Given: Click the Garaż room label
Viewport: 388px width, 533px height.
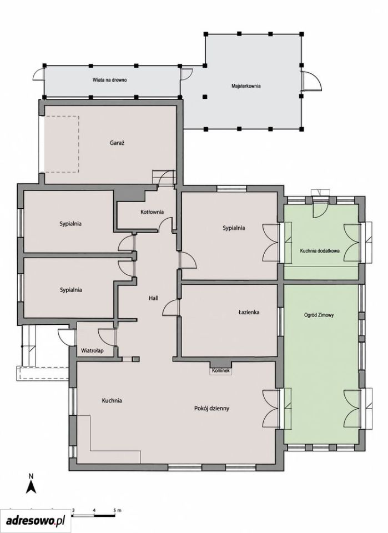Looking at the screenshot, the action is pyautogui.click(x=117, y=143).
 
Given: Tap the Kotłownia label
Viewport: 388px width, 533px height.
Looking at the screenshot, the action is pyautogui.click(x=152, y=212).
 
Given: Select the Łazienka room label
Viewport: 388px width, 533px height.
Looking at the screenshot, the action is pyautogui.click(x=249, y=311).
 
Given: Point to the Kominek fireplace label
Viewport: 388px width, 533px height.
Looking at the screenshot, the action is pyautogui.click(x=221, y=370).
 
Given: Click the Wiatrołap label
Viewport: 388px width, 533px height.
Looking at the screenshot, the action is pyautogui.click(x=92, y=350).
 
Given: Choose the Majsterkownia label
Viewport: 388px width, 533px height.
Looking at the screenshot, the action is pyautogui.click(x=246, y=86).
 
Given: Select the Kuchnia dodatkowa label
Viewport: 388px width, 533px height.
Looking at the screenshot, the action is pyautogui.click(x=320, y=251).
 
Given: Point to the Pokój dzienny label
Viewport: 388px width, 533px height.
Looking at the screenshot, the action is pyautogui.click(x=211, y=408).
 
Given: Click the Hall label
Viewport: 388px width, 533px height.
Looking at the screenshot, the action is pyautogui.click(x=154, y=298).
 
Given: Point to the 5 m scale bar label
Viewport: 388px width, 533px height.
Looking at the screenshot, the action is pyautogui.click(x=118, y=510).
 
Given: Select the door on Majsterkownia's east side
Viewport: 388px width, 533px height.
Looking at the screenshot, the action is pyautogui.click(x=311, y=81).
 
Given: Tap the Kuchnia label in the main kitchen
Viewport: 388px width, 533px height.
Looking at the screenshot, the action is pyautogui.click(x=112, y=401).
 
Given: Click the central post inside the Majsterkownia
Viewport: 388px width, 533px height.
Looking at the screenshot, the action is pyautogui.click(x=204, y=97).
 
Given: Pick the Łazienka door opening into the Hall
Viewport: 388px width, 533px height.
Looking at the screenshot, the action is pyautogui.click(x=171, y=308).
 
